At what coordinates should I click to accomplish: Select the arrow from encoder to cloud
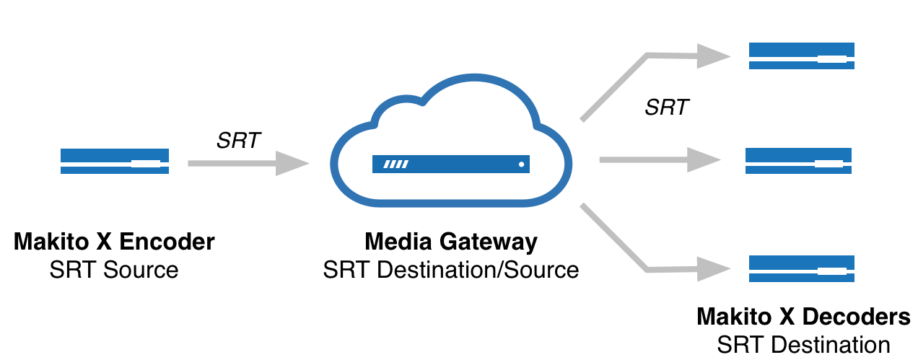[245, 164]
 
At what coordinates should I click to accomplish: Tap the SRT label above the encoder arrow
[239, 141]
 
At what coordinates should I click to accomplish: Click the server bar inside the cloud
[450, 164]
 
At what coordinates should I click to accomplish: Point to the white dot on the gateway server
[520, 164]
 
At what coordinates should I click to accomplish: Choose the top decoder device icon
[801, 56]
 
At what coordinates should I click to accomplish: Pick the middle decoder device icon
[797, 161]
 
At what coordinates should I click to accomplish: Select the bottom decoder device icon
[801, 268]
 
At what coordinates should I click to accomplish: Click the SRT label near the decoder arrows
[667, 108]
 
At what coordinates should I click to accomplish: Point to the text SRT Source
[114, 270]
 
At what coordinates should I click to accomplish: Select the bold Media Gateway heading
[451, 242]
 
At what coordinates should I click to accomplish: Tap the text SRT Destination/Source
[451, 270]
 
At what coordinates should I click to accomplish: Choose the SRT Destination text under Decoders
[803, 345]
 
